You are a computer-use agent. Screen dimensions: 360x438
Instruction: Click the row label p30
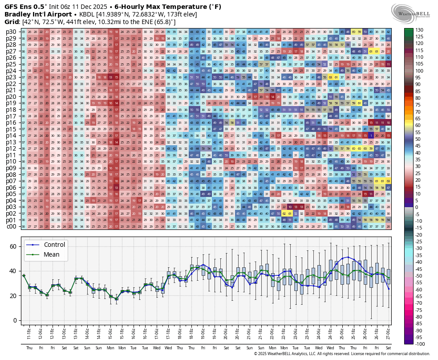click(11, 32)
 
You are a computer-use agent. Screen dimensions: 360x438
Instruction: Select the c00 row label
click(11, 226)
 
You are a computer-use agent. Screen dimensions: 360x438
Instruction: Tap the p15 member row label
click(11, 129)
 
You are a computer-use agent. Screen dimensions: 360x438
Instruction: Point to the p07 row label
click(11, 181)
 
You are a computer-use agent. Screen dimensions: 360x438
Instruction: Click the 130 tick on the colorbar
click(419, 29)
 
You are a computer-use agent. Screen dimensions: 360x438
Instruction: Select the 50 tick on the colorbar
click(418, 139)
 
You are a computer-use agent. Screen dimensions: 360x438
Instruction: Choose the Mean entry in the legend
click(52, 254)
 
